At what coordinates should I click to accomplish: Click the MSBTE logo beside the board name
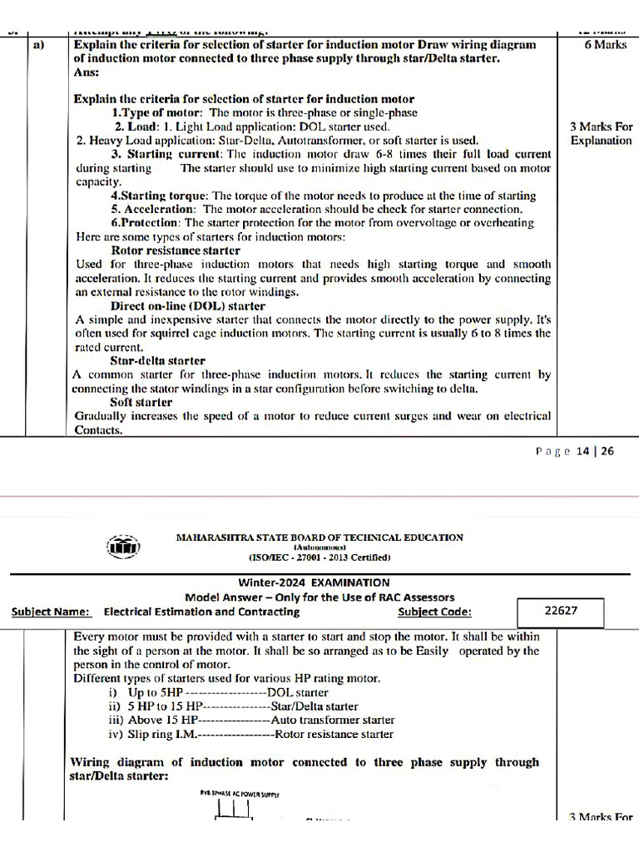click(x=124, y=547)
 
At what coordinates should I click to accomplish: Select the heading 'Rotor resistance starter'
click(x=175, y=250)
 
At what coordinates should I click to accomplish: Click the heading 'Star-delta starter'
click(x=157, y=361)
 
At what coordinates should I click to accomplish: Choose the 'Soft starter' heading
click(x=141, y=402)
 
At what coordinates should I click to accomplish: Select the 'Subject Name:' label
click(x=51, y=612)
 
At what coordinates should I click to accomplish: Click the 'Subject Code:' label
click(x=434, y=612)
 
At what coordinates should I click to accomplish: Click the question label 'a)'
click(x=38, y=45)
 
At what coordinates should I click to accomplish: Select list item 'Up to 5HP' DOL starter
click(x=228, y=692)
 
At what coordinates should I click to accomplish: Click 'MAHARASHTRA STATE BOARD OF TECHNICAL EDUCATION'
click(x=319, y=537)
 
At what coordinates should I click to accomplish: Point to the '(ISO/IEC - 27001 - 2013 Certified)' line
click(x=319, y=557)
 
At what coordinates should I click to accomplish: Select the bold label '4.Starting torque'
click(x=159, y=196)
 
